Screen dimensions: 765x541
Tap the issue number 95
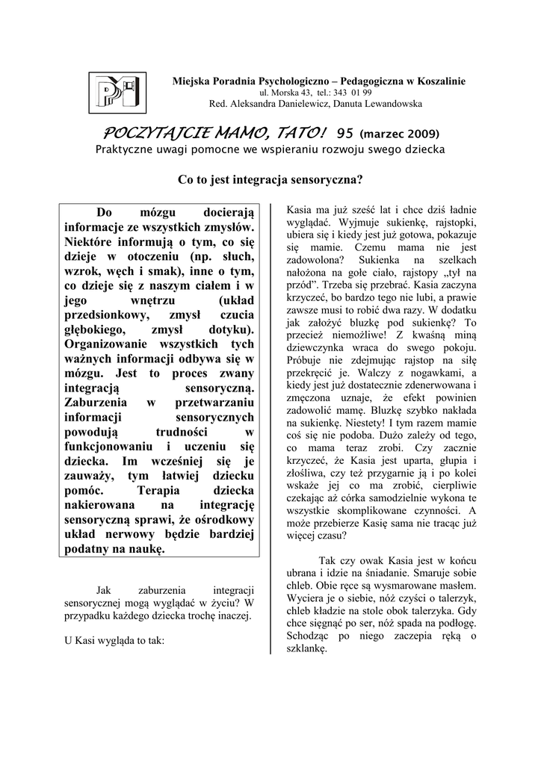[344, 133]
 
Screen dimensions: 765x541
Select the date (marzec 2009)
[399, 134]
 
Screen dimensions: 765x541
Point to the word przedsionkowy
[105, 315]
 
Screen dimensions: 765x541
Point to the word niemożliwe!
[351, 334]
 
